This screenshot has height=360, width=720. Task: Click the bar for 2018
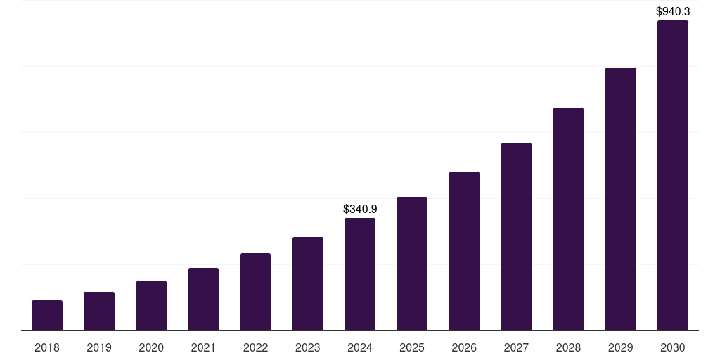(47, 316)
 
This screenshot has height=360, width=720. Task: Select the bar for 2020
(151, 306)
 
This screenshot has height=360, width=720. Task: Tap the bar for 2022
(255, 292)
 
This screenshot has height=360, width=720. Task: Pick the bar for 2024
(360, 274)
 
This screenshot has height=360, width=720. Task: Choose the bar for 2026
(464, 251)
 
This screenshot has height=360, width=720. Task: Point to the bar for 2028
(568, 219)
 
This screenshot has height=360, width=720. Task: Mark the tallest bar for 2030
(673, 176)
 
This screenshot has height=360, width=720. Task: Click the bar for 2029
(621, 199)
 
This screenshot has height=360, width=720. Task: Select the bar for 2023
(308, 284)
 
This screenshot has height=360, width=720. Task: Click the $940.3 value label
(673, 11)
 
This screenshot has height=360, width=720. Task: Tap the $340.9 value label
(360, 209)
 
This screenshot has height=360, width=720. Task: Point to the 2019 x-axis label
(99, 347)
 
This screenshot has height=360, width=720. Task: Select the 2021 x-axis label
(203, 347)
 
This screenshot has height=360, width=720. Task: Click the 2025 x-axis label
(412, 347)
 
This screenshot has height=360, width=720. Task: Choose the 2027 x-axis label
(516, 347)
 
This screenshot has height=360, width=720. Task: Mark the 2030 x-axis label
(673, 347)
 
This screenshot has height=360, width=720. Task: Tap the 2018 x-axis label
(47, 347)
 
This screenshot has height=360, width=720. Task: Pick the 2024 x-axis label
(360, 347)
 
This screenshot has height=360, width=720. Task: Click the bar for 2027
(516, 237)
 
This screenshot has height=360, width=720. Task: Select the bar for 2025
(412, 264)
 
